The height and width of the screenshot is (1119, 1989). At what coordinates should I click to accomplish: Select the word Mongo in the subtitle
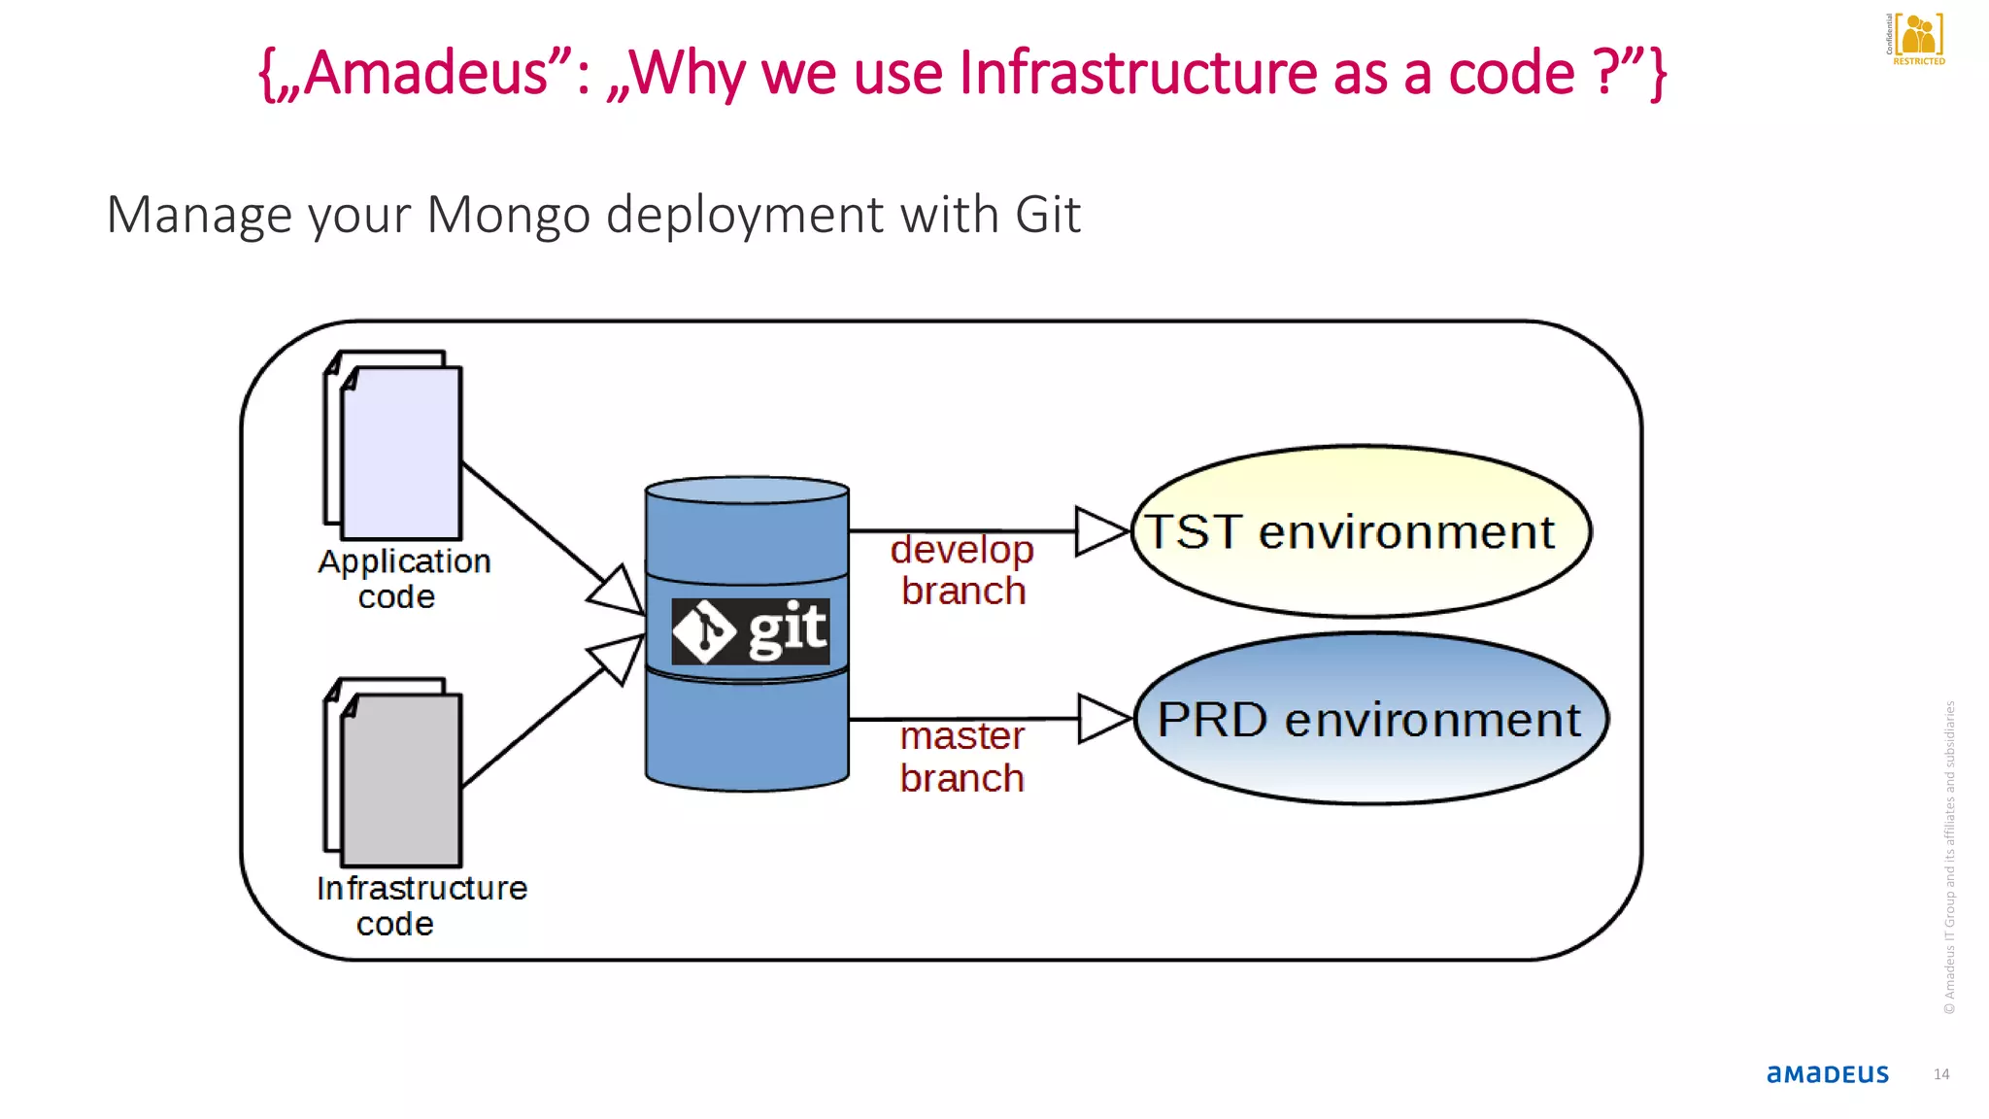point(508,215)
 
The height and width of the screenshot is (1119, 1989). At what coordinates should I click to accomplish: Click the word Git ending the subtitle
point(1047,215)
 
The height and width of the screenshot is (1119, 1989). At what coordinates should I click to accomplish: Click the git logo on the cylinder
point(750,631)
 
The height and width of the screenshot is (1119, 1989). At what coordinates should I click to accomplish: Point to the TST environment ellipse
point(1360,531)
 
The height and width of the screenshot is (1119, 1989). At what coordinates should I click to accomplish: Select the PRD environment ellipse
point(1369,719)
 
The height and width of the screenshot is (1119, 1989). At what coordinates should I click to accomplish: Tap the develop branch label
point(962,570)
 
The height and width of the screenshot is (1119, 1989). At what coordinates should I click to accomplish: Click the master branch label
point(961,757)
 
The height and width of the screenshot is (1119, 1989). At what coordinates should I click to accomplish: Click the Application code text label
point(403,579)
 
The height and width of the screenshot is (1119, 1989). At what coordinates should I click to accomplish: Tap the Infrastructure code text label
point(421,905)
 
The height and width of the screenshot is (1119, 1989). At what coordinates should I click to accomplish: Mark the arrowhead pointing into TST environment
point(1099,531)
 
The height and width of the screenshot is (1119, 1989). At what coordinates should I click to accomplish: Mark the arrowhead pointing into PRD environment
point(1102,719)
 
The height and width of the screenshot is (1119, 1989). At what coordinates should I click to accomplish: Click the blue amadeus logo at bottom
point(1827,1074)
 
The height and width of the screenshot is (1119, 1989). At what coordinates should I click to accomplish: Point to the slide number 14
point(1940,1074)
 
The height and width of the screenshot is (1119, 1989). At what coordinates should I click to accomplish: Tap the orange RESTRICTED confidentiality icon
point(1916,39)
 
